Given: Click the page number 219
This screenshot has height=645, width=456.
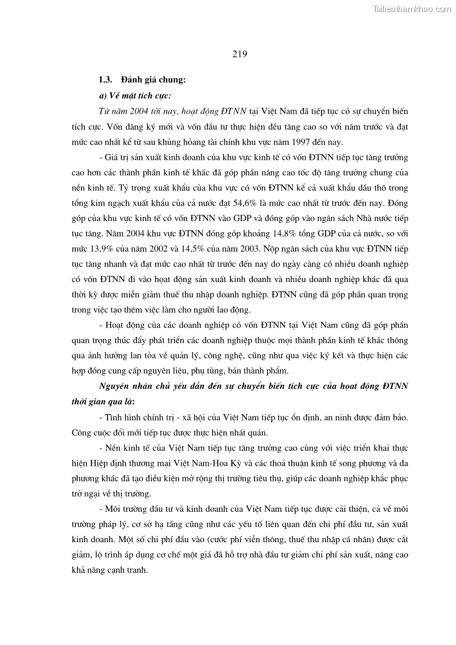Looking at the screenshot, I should (239, 55).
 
